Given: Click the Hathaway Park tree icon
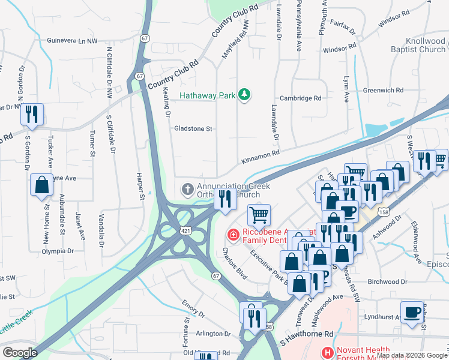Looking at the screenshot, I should point(244,94).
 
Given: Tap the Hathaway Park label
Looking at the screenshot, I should point(208,94).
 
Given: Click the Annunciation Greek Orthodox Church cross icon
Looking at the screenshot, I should point(187,190).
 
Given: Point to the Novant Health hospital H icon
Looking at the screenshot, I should point(327,353).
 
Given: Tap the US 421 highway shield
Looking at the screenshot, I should point(188,230).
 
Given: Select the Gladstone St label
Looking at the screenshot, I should point(193,128).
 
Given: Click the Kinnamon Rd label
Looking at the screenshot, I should point(261,157).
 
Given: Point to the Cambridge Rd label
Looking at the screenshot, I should point(301,98).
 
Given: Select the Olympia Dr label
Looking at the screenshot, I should point(58,251).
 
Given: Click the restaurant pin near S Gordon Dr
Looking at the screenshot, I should point(32,113).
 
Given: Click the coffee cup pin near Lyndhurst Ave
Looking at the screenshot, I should point(412,313).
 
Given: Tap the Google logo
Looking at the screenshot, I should point(20,353).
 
